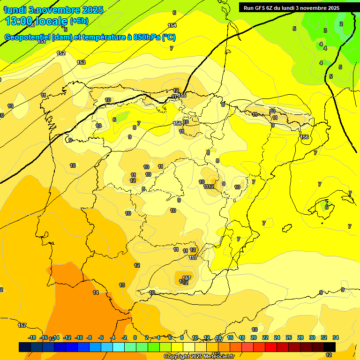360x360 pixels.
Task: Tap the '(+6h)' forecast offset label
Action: (x=79, y=21)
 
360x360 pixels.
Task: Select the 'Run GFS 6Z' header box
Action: (x=291, y=7)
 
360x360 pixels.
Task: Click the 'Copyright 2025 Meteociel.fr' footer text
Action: (x=198, y=356)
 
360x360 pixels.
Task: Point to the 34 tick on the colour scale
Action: (x=336, y=337)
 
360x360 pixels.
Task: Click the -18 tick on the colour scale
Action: (x=32, y=337)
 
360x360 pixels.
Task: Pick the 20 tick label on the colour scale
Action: (x=254, y=337)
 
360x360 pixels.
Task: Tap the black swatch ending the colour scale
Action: (x=330, y=347)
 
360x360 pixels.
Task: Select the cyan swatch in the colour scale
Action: (x=119, y=347)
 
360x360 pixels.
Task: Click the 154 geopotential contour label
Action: (x=172, y=25)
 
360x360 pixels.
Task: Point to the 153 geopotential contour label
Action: (x=81, y=62)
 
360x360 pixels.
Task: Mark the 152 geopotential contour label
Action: (x=61, y=53)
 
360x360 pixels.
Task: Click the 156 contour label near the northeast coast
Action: (x=305, y=137)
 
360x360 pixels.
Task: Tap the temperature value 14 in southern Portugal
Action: (x=96, y=292)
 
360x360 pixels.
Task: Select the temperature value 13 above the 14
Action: (x=122, y=285)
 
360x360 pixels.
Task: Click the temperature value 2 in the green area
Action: (x=341, y=24)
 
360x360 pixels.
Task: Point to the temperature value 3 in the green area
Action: (x=325, y=30)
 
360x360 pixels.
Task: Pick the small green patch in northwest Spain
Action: (x=122, y=116)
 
